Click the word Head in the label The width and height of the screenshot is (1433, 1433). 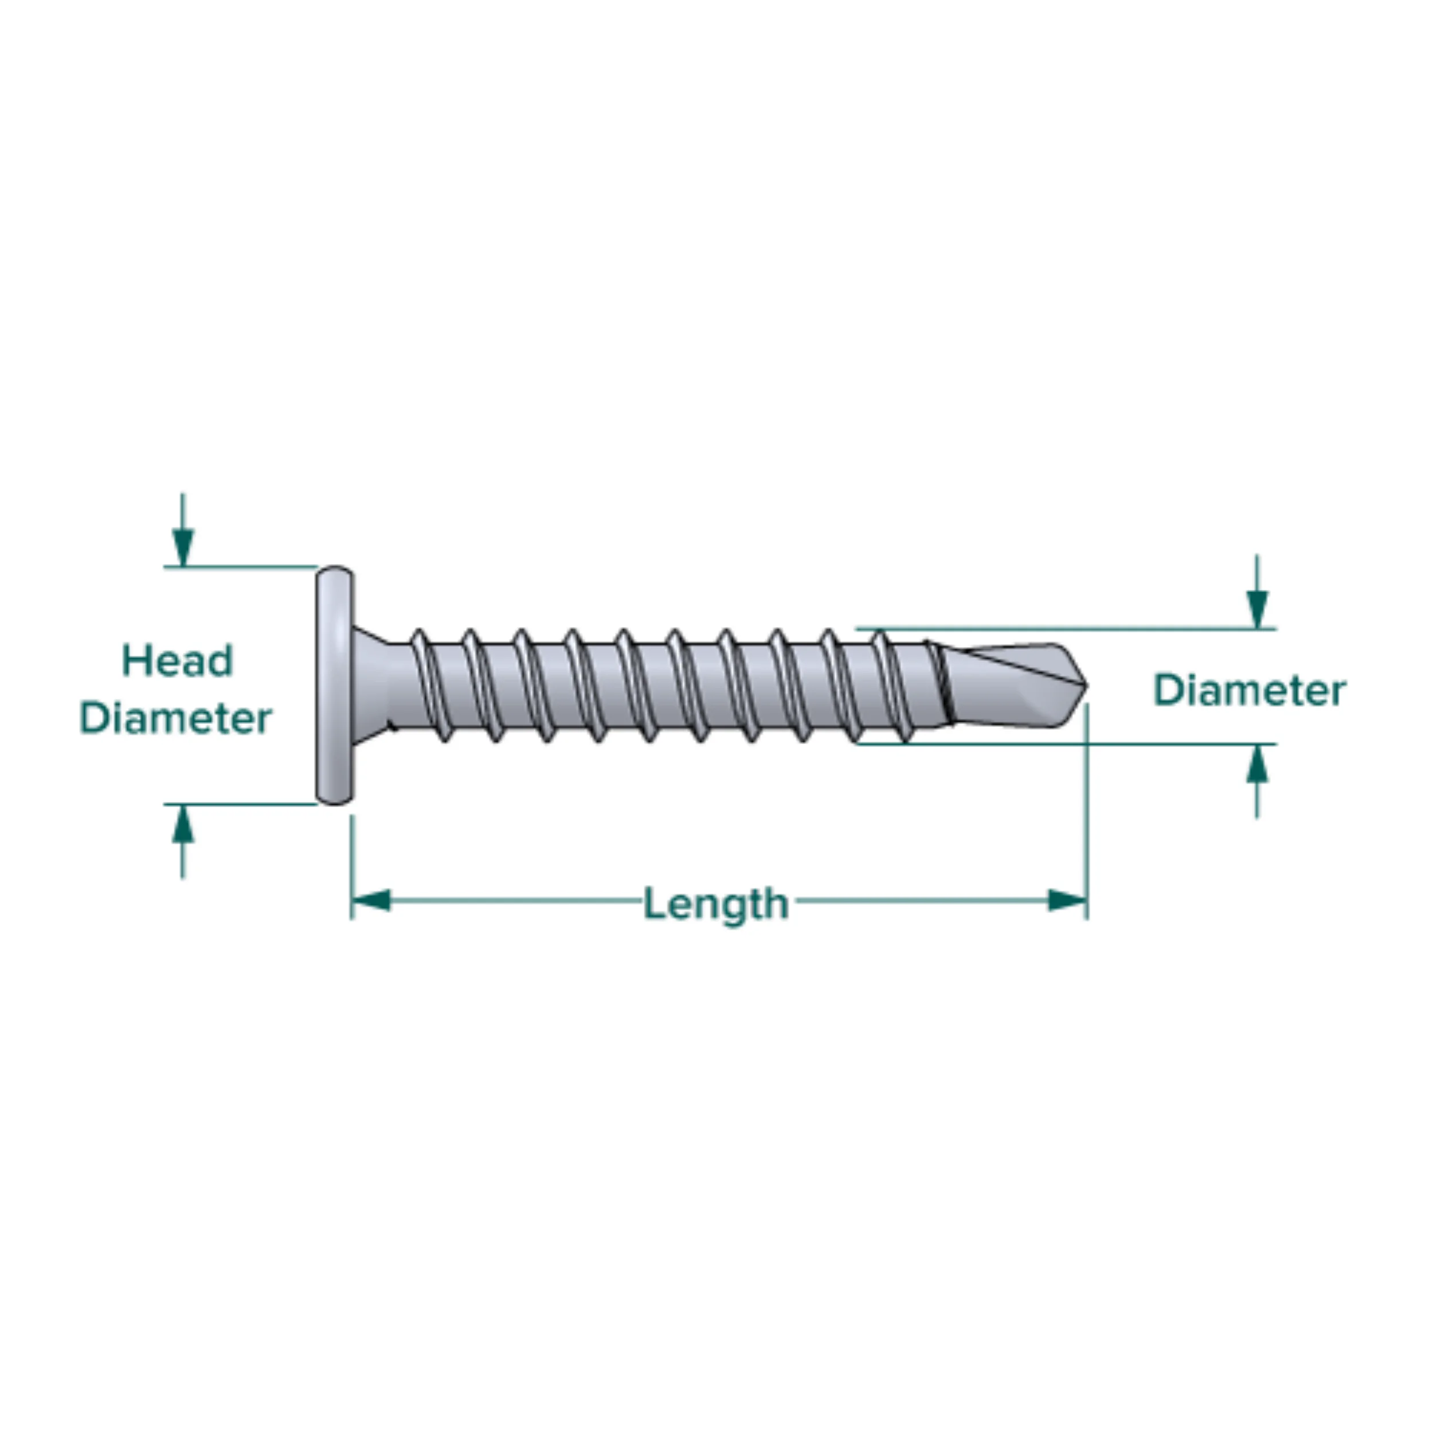(x=177, y=661)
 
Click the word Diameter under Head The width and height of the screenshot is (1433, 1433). (x=176, y=719)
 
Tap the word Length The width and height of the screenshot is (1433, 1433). (x=716, y=904)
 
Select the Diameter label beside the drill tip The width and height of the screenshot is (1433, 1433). (x=1249, y=691)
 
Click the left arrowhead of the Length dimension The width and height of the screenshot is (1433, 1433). (x=371, y=901)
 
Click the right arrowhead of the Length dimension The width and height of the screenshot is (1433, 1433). (x=1067, y=901)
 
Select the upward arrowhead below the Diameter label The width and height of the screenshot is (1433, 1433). (x=1256, y=764)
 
